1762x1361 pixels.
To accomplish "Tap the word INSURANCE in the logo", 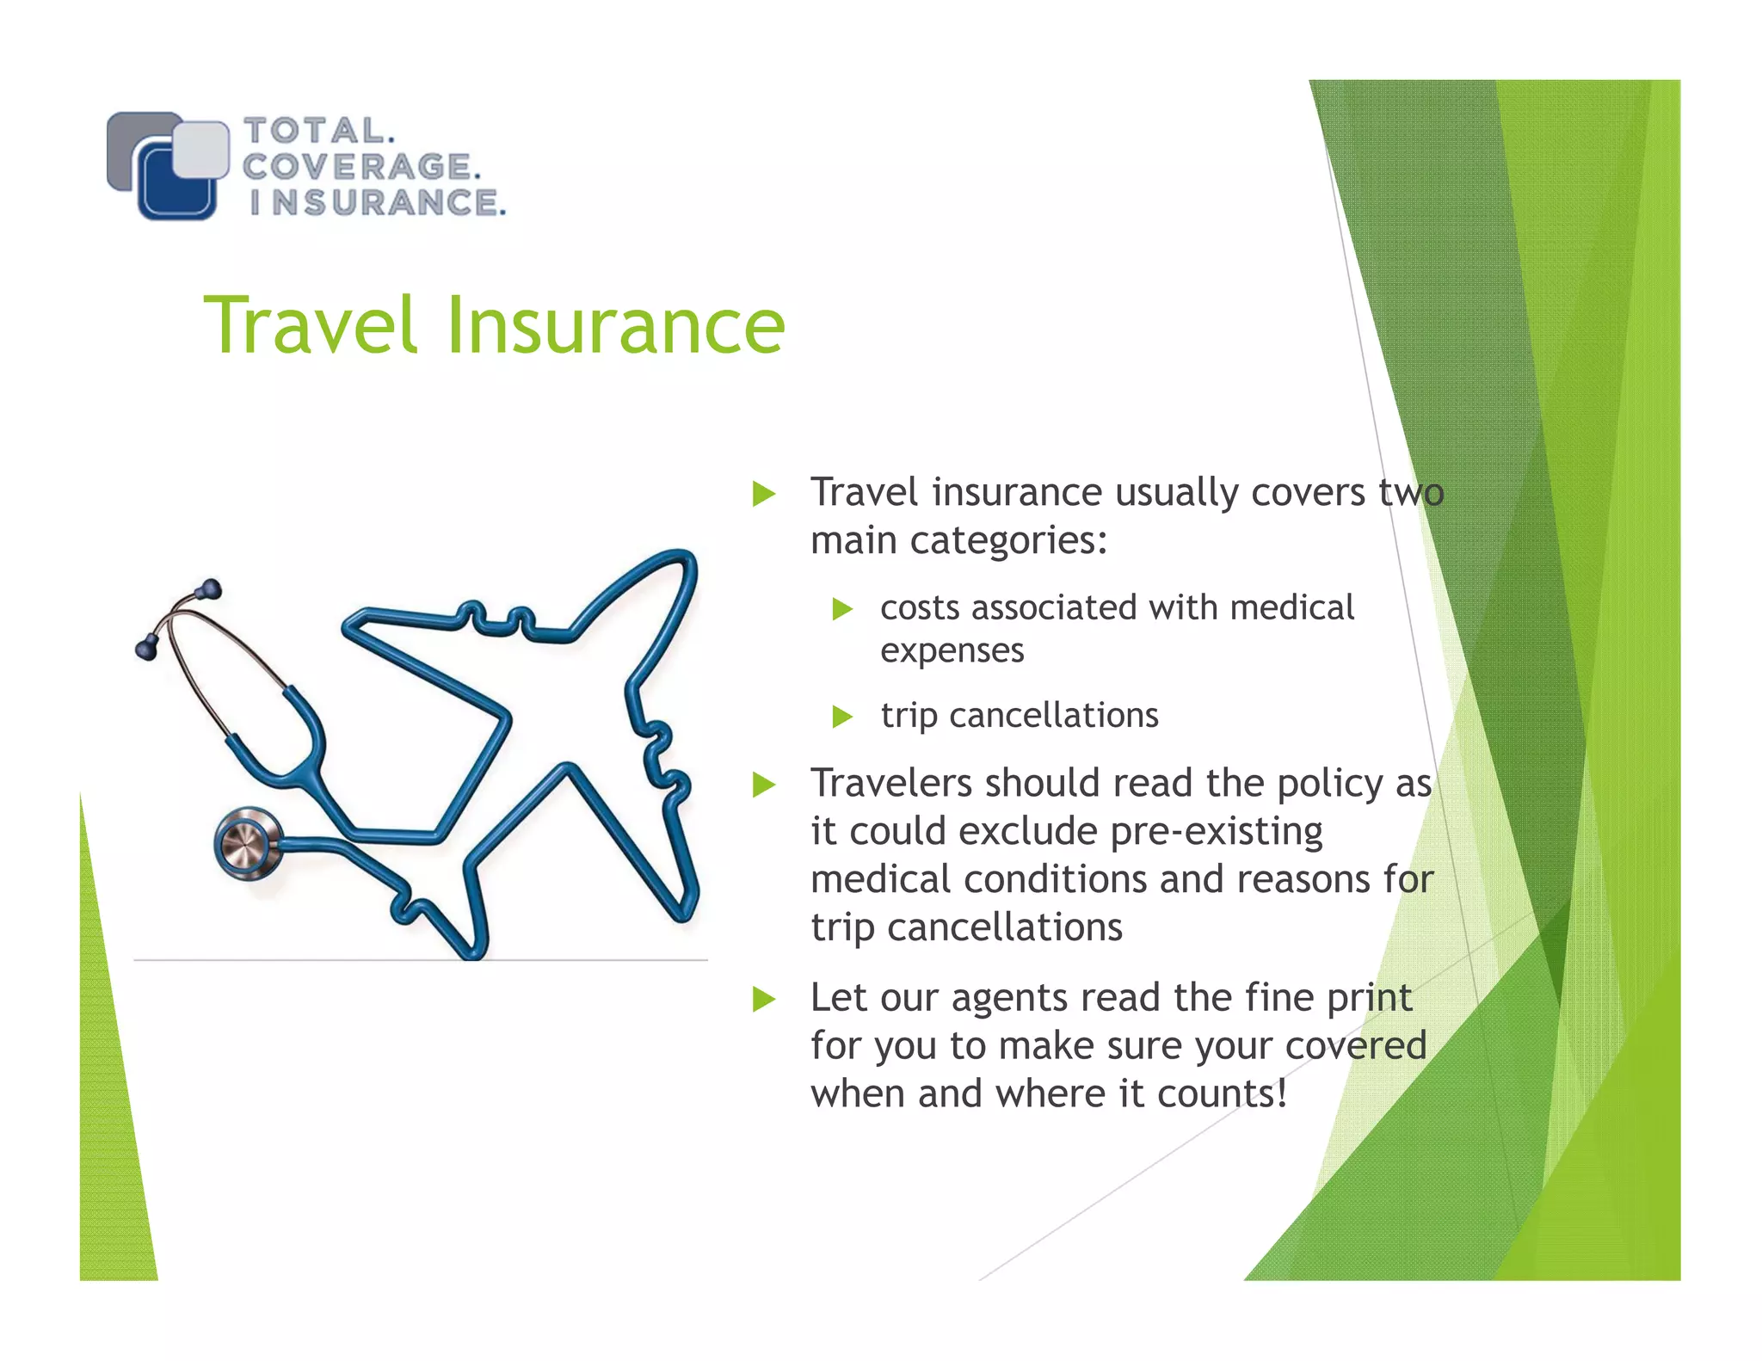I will [x=376, y=203].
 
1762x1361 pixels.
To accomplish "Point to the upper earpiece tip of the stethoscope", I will [x=209, y=589].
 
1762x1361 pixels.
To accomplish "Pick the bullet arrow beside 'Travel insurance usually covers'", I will [x=763, y=494].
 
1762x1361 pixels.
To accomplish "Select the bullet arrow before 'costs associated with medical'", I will [x=842, y=610].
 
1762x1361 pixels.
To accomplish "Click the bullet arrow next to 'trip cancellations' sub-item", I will [x=842, y=717].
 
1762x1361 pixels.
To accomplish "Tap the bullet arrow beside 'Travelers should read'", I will [x=763, y=785].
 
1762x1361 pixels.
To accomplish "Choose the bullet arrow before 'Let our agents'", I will [x=763, y=999].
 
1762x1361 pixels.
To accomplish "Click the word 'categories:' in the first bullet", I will [x=1007, y=541].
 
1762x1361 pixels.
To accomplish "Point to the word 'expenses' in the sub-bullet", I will [x=952, y=651].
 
